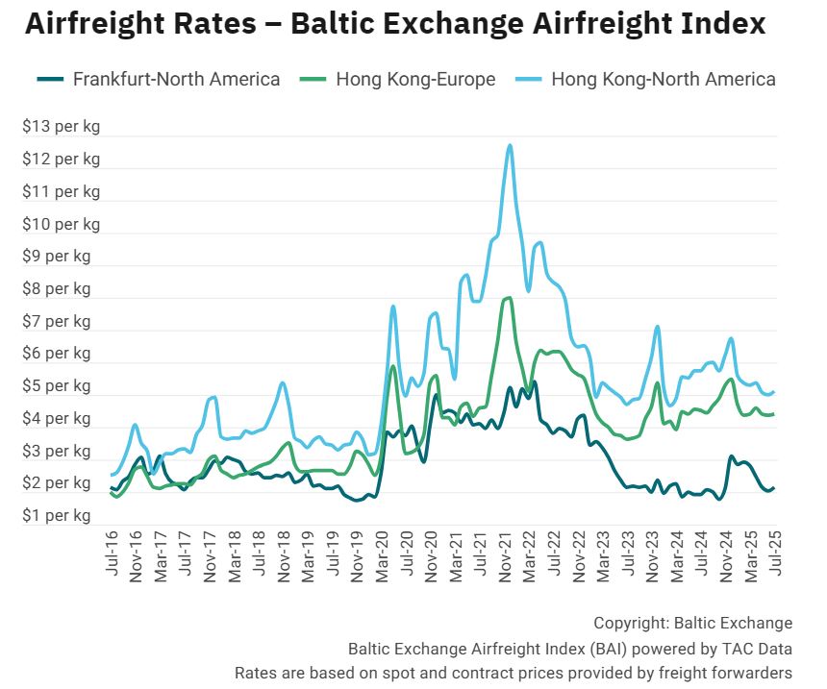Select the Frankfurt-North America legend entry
click(176, 79)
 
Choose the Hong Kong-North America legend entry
click(663, 79)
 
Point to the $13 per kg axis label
click(61, 126)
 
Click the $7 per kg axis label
click(57, 321)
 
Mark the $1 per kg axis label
click(57, 516)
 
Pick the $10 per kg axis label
click(61, 224)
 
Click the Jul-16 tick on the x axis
click(113, 554)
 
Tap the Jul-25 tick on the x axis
click(773, 554)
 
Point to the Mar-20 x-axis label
click(382, 554)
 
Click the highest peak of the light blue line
click(509, 145)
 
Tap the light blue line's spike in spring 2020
click(393, 307)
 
